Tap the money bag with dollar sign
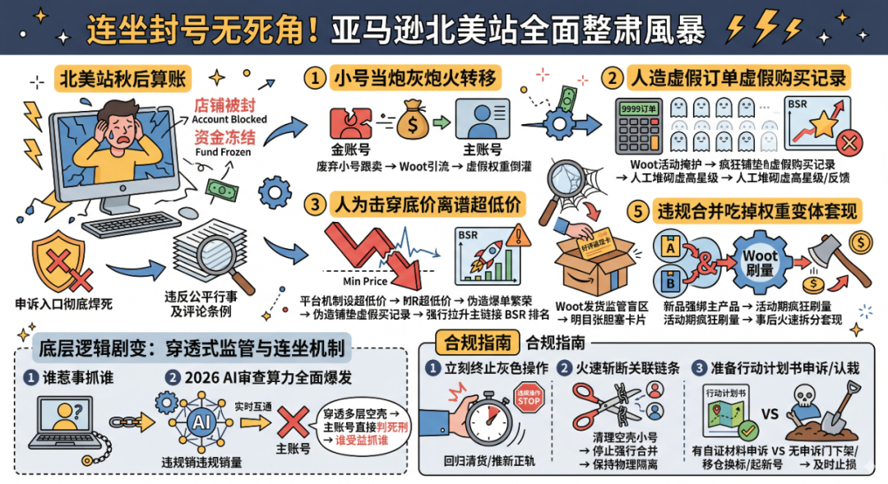tap(412, 122)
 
